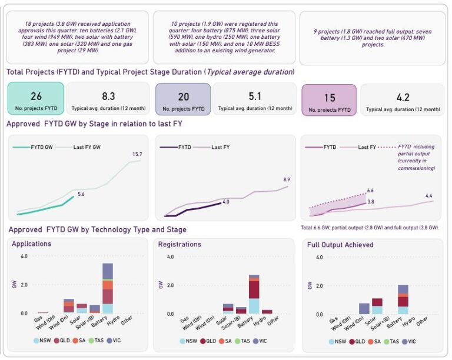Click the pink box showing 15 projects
[x=328, y=99]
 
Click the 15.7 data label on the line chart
[x=137, y=154]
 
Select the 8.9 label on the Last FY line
[x=287, y=179]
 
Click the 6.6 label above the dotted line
[x=371, y=191]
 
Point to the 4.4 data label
[x=429, y=196]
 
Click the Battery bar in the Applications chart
[x=107, y=288]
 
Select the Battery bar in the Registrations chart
[x=254, y=294]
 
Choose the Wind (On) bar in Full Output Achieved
[x=364, y=309]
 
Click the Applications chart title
[x=31, y=244]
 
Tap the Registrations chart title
[x=180, y=244]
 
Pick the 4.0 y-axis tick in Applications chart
[x=24, y=256]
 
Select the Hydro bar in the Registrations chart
[x=267, y=312]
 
